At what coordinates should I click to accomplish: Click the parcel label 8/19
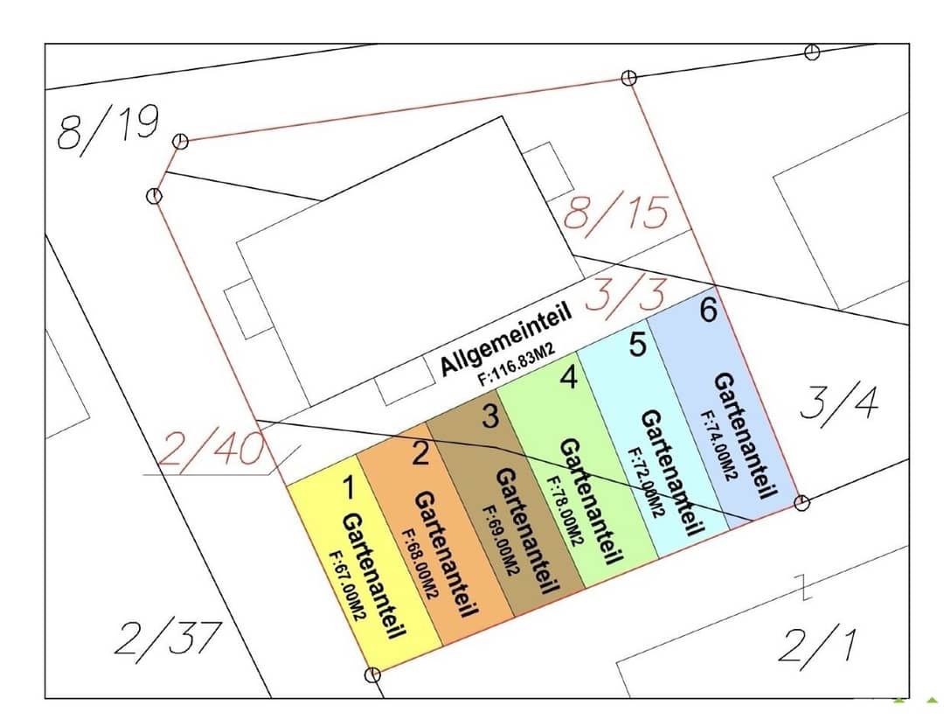pyautogui.click(x=108, y=129)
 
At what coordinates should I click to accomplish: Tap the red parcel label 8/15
pyautogui.click(x=616, y=213)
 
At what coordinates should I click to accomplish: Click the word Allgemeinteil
pyautogui.click(x=506, y=339)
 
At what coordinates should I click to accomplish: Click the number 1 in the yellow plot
pyautogui.click(x=348, y=487)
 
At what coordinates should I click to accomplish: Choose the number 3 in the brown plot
pyautogui.click(x=490, y=415)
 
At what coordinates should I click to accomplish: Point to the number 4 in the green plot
pyautogui.click(x=568, y=377)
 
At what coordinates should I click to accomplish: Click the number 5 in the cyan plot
pyautogui.click(x=637, y=345)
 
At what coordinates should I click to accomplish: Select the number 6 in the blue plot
pyautogui.click(x=709, y=310)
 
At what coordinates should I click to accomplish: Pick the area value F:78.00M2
pyautogui.click(x=564, y=512)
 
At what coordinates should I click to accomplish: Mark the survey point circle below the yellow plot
pyautogui.click(x=372, y=674)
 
